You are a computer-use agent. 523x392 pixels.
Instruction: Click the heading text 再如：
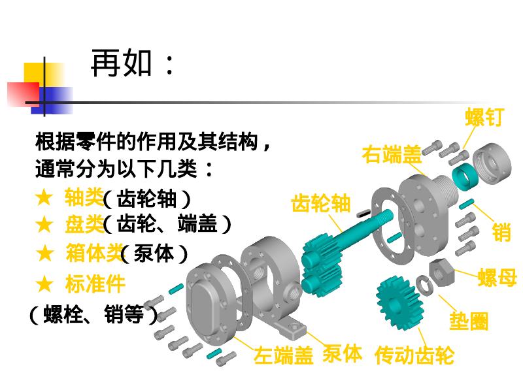(x=133, y=64)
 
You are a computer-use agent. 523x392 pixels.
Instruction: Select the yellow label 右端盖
(x=392, y=155)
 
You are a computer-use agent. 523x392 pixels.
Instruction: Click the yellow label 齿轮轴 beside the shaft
(x=321, y=203)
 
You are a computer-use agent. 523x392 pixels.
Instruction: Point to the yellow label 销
(x=501, y=232)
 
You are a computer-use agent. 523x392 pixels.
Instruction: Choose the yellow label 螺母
(x=497, y=277)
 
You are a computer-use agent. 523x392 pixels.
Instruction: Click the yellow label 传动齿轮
(x=414, y=355)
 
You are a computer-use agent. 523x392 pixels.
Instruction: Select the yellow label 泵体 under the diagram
(x=342, y=353)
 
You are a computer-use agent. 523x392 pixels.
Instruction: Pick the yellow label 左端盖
(x=284, y=356)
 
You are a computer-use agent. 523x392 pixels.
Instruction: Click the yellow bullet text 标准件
(x=95, y=284)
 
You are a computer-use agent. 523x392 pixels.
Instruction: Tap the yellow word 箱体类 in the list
(x=93, y=253)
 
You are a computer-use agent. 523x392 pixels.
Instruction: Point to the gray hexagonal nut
(x=442, y=270)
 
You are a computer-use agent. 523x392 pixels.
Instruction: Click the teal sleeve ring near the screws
(x=465, y=175)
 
